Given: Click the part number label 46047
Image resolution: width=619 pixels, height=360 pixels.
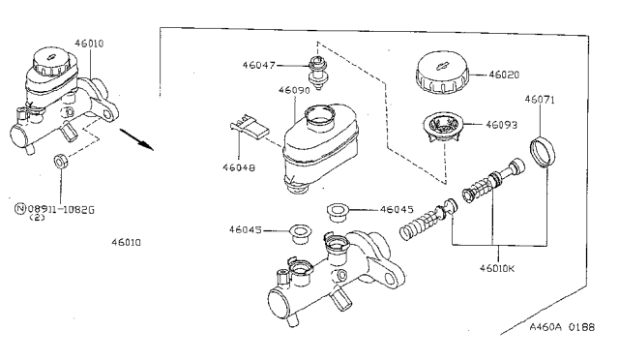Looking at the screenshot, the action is (258, 65).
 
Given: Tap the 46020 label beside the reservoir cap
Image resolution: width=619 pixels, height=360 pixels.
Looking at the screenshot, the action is (504, 75).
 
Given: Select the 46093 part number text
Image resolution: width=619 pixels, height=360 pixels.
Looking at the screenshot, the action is (501, 125).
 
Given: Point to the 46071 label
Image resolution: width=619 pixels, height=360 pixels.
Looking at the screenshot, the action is (540, 99).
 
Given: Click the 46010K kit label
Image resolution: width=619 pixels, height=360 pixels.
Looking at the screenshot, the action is (497, 268).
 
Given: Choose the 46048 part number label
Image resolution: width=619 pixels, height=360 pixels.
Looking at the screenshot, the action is (239, 167).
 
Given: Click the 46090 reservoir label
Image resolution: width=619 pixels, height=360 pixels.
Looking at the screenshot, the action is (294, 90).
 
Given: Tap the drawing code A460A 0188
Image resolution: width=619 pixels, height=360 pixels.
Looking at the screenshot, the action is (562, 327).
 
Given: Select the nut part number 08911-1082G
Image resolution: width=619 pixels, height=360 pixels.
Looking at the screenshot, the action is (61, 209).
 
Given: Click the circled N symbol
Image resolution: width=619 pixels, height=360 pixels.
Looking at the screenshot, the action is (20, 209).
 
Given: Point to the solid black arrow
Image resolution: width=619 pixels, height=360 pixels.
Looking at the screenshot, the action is (136, 139).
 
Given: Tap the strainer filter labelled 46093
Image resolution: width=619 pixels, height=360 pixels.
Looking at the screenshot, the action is (442, 127).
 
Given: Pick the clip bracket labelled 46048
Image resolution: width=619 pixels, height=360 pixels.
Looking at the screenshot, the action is (250, 127).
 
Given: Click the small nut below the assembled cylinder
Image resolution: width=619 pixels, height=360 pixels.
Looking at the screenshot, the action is (60, 161).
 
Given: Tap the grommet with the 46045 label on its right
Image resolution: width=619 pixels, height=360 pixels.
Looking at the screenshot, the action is (338, 213).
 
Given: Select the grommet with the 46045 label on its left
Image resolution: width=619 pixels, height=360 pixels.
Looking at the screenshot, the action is (300, 234).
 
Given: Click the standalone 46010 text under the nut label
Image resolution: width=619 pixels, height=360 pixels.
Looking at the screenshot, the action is (126, 242).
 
